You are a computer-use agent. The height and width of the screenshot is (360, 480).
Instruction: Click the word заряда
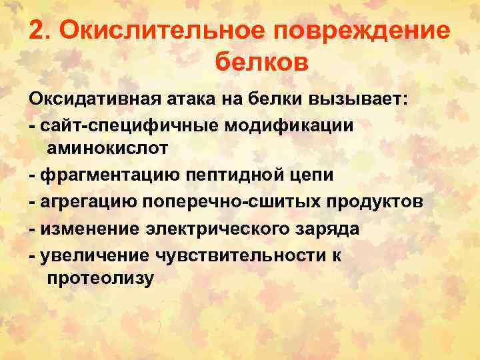329,229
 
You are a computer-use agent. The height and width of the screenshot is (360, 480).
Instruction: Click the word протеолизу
100,279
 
